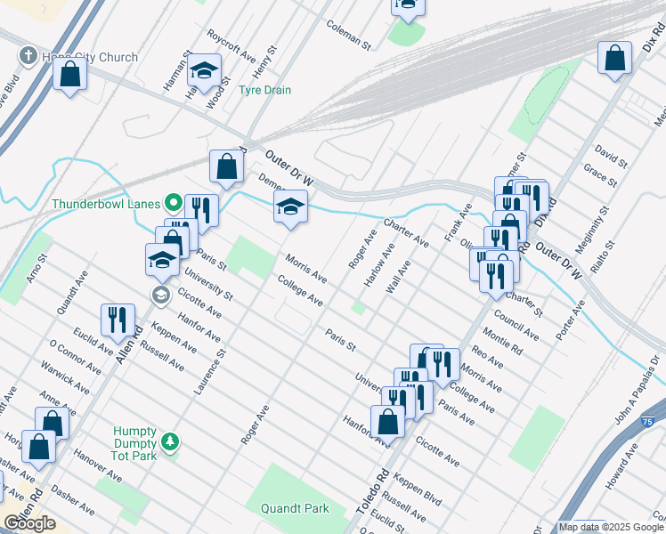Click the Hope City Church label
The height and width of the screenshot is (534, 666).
pos(90,57)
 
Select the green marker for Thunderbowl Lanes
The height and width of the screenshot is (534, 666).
pos(175,203)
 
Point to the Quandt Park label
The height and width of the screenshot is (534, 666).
pos(295,509)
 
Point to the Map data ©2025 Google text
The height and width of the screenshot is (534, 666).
pos(611,527)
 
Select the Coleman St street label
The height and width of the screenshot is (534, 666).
pos(347,34)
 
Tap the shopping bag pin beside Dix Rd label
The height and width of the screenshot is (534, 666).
pos(614,60)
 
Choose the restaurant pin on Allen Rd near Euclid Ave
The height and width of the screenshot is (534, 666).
pos(118,320)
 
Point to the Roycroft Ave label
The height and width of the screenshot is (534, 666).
pos(231,48)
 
